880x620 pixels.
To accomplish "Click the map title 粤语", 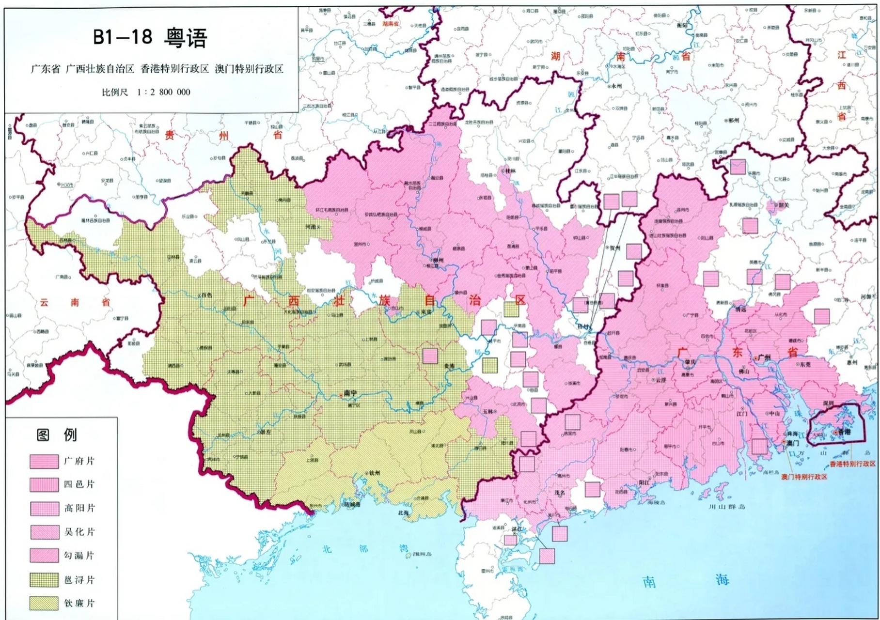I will tap(186, 38).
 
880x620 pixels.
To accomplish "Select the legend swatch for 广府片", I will tap(44, 461).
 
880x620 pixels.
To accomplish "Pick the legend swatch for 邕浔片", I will tap(44, 580).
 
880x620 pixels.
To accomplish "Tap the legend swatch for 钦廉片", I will tap(44, 603).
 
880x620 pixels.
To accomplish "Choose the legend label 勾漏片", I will tap(79, 556).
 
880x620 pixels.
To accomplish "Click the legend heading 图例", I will tap(57, 434).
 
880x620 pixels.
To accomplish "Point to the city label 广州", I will tap(764, 357).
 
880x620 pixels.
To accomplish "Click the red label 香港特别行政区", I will tap(852, 464).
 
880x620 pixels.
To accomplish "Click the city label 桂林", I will tap(510, 170).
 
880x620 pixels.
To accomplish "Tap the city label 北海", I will tap(404, 512).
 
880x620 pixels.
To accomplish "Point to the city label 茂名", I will tap(560, 493).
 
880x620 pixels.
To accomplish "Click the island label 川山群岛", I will tap(727, 507).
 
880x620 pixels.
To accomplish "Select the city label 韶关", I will tap(784, 205).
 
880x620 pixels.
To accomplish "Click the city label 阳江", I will tap(644, 482).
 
